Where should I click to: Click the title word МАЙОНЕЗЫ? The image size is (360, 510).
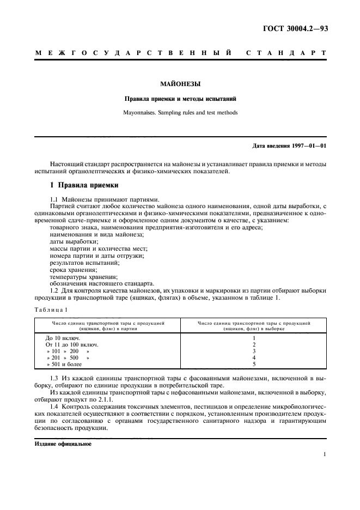(x=180, y=84)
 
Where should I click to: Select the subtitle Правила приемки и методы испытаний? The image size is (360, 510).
(x=180, y=100)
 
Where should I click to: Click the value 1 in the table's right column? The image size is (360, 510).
(x=254, y=338)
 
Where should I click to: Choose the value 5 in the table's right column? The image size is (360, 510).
(x=254, y=365)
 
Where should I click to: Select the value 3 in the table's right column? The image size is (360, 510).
(x=254, y=351)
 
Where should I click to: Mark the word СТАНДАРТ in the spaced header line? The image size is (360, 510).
(x=286, y=53)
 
